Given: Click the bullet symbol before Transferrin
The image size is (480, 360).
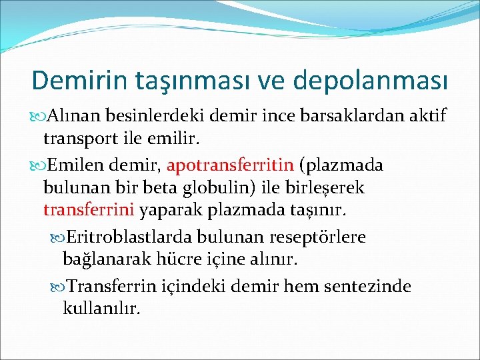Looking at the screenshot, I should pyautogui.click(x=58, y=287).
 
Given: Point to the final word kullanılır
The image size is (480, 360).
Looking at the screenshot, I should pyautogui.click(x=101, y=309).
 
